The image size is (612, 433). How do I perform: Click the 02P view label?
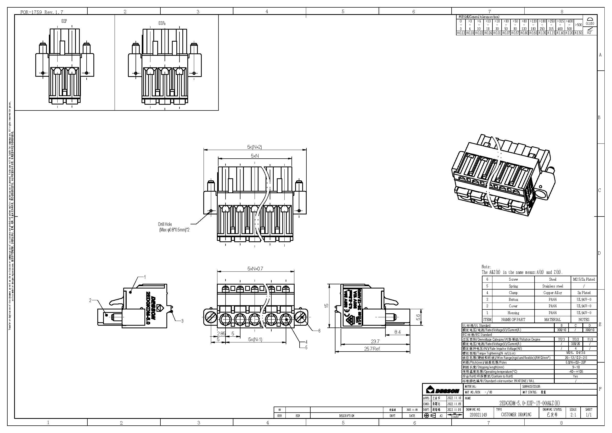(x=64, y=21)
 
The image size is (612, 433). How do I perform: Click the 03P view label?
(x=162, y=23)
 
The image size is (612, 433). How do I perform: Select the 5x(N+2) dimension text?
(x=254, y=147)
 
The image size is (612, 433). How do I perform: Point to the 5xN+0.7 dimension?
(x=255, y=269)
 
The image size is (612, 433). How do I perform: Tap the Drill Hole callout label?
(x=165, y=224)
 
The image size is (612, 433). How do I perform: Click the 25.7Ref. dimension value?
(x=372, y=349)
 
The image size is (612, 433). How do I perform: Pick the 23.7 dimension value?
(x=375, y=341)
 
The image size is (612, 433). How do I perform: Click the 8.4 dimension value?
(x=397, y=332)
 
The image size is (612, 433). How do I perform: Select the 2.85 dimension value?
(x=221, y=334)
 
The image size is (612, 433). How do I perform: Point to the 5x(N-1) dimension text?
(x=255, y=340)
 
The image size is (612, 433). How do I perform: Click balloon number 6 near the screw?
(x=319, y=331)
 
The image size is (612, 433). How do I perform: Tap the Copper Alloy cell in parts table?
(x=552, y=293)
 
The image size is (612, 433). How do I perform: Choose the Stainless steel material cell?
(x=552, y=286)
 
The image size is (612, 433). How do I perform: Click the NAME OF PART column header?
(x=513, y=319)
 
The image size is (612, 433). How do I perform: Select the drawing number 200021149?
(x=478, y=415)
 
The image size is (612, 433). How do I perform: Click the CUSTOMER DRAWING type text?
(x=516, y=415)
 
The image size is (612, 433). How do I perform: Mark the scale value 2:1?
(x=573, y=415)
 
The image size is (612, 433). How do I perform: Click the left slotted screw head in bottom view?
(x=210, y=318)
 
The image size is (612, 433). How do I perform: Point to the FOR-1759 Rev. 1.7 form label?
(x=42, y=12)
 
